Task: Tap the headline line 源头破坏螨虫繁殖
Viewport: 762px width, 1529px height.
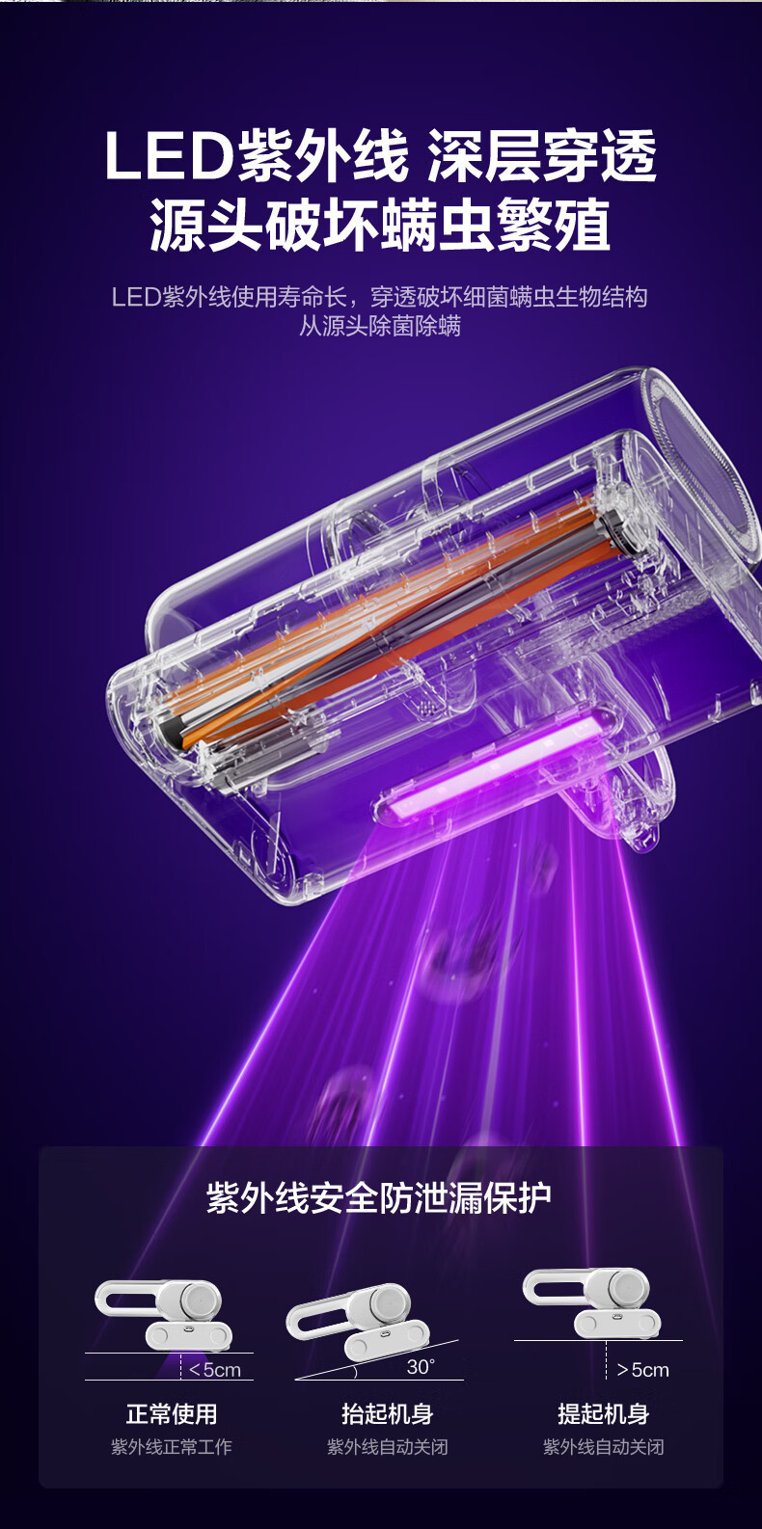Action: (380, 226)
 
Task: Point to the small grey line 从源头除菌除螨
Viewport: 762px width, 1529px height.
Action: (380, 326)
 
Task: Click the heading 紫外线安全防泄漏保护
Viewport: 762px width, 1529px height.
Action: (379, 1198)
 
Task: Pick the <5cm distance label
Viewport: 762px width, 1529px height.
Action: (215, 1370)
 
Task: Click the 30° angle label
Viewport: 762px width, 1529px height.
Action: (422, 1366)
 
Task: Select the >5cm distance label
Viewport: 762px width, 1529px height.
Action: (642, 1369)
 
